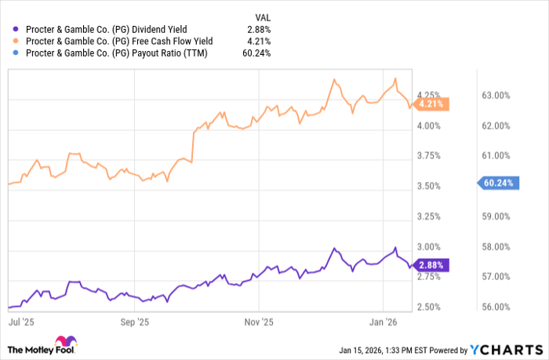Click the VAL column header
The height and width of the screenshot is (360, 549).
(264, 15)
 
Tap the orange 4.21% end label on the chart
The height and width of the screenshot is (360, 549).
(431, 103)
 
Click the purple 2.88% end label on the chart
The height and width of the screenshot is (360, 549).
(431, 265)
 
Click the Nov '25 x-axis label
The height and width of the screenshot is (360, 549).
(259, 322)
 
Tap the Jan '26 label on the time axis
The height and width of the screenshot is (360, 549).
(382, 322)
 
